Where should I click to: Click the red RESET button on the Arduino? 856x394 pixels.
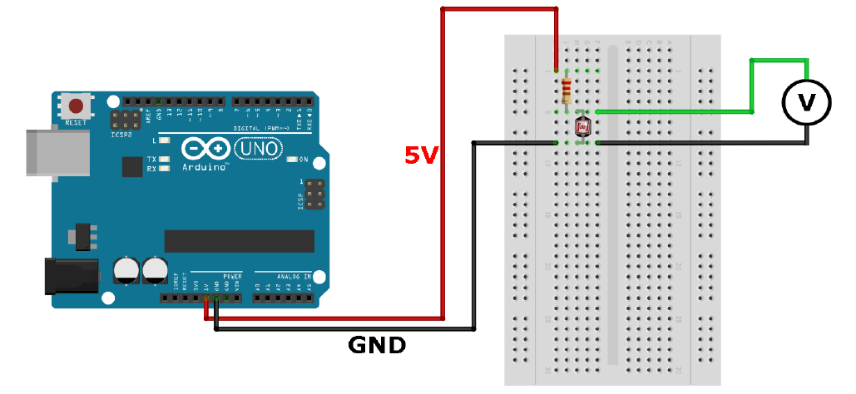pos(77,106)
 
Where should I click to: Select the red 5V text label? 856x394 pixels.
pos(422,154)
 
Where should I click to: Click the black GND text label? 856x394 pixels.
pos(377,343)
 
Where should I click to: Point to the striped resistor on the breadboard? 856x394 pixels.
pos(567,88)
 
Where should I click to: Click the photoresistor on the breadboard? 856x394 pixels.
pos(583,126)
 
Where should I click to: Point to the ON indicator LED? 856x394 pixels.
pos(291,159)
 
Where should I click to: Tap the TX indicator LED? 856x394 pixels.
pos(165,159)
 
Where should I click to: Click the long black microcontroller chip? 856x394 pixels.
pos(239,241)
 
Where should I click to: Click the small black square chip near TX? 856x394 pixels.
pos(131,167)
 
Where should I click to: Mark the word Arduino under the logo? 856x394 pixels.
pos(205,167)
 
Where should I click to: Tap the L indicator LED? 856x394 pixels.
pos(165,141)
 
